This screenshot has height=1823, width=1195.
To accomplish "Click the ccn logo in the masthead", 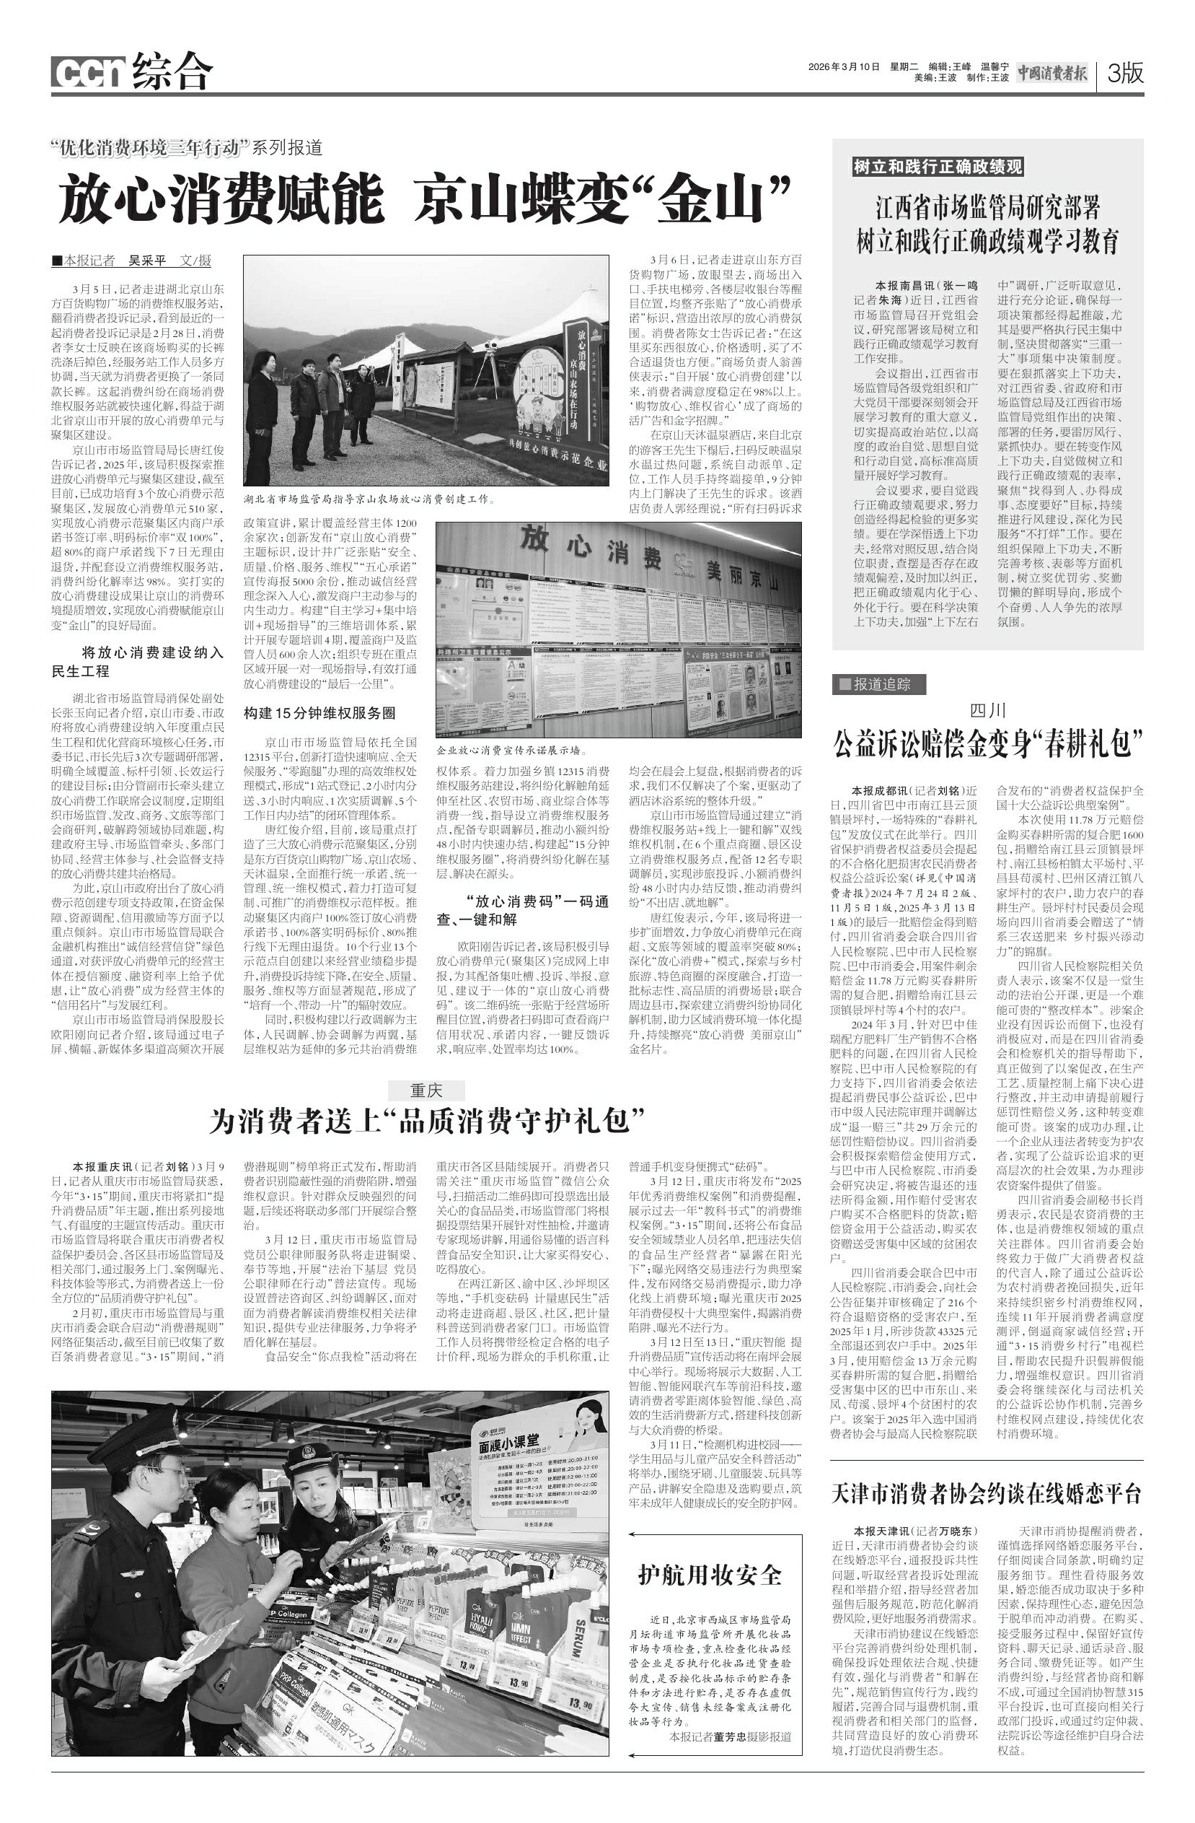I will [88, 74].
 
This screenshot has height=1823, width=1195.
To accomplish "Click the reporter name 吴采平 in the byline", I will [146, 261].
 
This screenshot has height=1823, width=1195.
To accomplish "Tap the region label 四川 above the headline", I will [987, 710].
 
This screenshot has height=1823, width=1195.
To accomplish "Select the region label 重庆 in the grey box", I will [426, 1090].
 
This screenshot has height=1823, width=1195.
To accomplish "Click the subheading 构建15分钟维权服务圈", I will [319, 713].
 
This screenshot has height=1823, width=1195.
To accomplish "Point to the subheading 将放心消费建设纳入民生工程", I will [138, 662].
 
